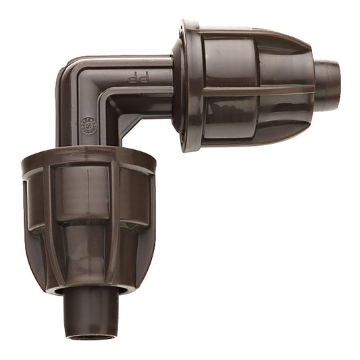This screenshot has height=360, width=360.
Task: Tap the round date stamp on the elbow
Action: [91, 126]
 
